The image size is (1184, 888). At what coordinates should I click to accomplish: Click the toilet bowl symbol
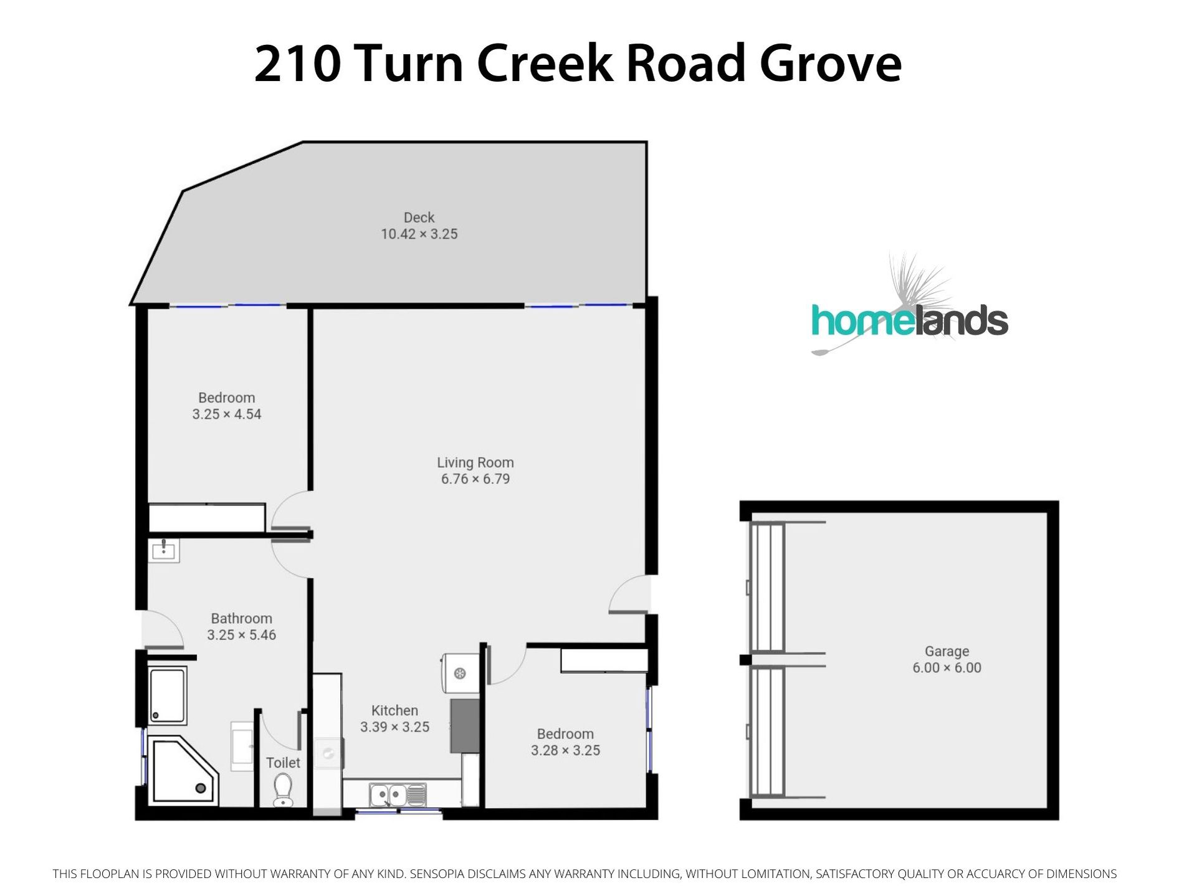pos(283,790)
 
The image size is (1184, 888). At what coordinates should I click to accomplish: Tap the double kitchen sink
pos(397,795)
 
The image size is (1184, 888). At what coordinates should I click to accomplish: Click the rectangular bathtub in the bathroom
pos(167,695)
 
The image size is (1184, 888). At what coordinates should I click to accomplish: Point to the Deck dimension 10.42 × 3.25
pos(419,234)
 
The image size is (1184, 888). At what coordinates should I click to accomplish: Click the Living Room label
pos(475,462)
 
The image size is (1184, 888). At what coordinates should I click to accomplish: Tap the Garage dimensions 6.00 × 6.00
pos(947,667)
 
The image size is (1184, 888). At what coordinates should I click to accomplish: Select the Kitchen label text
pos(394,710)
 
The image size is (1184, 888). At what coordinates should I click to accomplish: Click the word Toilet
pos(283,763)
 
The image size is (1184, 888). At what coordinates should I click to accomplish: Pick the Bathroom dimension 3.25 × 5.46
pos(241,635)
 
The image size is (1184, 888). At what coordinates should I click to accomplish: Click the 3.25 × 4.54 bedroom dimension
pos(227,414)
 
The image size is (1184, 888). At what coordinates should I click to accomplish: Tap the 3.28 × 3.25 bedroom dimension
pos(565,750)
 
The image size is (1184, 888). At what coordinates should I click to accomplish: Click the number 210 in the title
pos(297,63)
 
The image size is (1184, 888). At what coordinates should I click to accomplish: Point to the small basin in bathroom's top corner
pos(164,550)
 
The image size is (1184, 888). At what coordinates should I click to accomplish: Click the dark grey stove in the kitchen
pos(465,726)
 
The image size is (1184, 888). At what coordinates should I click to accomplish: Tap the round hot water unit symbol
pos(460,673)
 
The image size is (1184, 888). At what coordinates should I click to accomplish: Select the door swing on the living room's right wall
pos(629,594)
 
